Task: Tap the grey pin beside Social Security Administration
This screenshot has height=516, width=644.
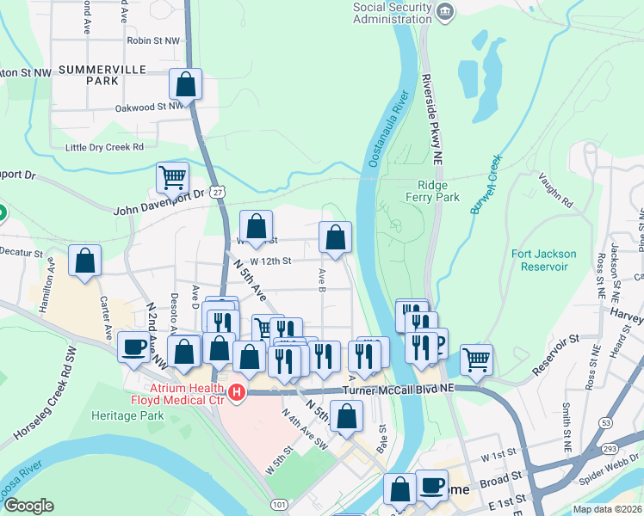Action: [x=445, y=11]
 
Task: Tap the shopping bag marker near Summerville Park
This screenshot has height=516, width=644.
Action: [x=185, y=84]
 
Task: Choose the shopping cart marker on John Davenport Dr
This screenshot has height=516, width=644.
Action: [x=172, y=178]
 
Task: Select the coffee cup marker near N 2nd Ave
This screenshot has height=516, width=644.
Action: [x=133, y=347]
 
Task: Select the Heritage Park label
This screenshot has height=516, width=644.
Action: [x=127, y=415]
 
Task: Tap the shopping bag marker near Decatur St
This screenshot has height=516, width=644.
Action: [x=84, y=261]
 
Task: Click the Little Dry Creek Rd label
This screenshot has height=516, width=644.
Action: [x=104, y=147]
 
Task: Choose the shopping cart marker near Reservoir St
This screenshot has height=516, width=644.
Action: [x=476, y=359]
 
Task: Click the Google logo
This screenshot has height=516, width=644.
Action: [x=28, y=506]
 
